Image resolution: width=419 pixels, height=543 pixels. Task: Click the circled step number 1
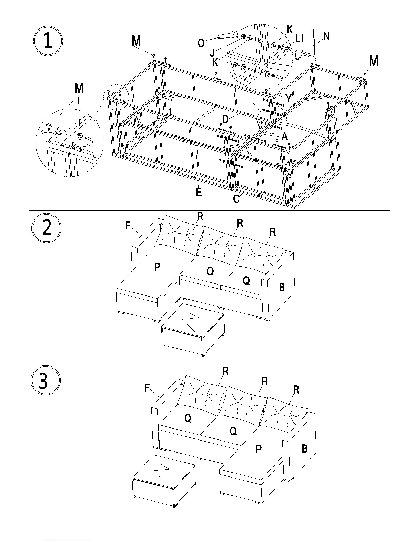click(48, 41)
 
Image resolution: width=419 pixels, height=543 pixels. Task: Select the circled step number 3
click(46, 380)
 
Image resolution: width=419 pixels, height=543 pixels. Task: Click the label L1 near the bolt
click(300, 39)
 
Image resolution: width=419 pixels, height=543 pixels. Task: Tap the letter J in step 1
click(213, 52)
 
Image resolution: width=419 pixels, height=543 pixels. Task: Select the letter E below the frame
click(199, 192)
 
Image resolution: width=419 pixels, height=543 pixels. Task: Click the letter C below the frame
click(236, 199)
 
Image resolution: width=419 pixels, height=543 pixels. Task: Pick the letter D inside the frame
click(225, 119)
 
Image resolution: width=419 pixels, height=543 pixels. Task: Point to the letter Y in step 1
click(289, 99)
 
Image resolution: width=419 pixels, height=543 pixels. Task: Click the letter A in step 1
click(284, 137)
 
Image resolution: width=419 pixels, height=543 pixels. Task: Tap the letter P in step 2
click(157, 267)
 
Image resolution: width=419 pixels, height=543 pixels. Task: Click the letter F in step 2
click(128, 226)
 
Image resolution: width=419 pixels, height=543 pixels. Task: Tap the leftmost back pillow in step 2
click(179, 235)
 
